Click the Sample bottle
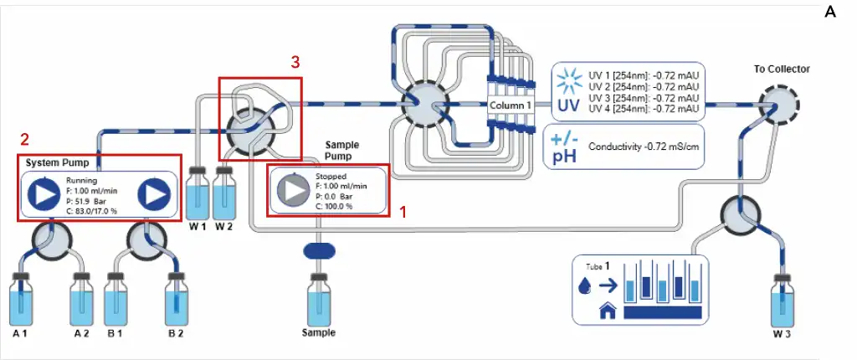[x=318, y=298]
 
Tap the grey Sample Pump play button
[x=292, y=191]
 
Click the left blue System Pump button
[x=42, y=194]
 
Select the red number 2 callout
[x=25, y=138]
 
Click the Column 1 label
[x=511, y=106]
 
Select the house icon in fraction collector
[x=608, y=312]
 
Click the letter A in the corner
[x=830, y=12]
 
